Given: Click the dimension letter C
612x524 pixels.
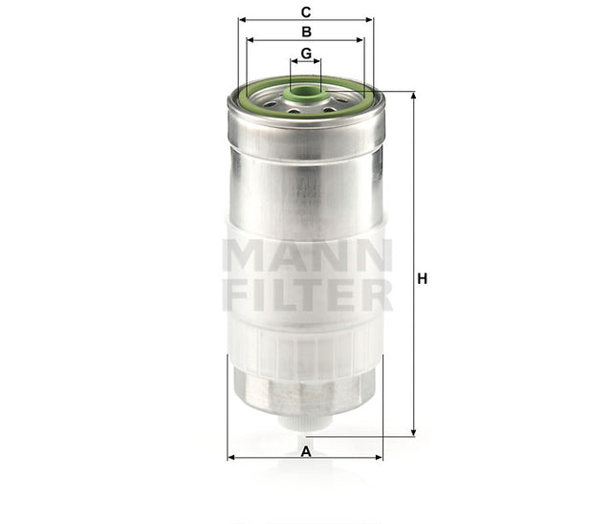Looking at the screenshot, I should point(305,12).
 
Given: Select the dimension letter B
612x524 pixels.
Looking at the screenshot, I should point(305,32).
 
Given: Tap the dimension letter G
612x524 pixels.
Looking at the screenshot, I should point(305,53).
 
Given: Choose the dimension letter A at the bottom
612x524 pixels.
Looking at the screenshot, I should point(305,449).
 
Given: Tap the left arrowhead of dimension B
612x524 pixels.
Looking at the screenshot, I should point(251,40).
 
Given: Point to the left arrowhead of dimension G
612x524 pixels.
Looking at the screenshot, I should point(293,61).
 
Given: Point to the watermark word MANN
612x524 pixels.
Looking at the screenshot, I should point(306,256).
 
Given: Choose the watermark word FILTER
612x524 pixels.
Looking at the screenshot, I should point(306,295).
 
